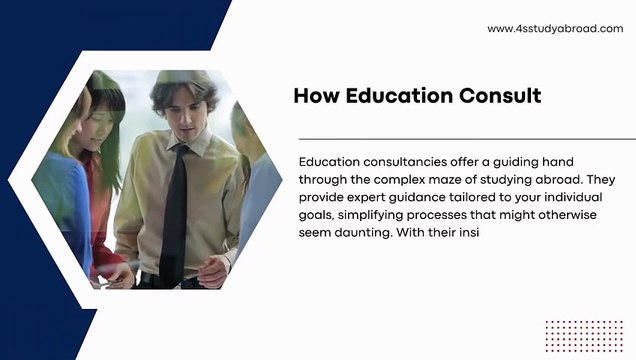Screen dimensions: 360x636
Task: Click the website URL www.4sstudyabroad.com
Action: point(555,29)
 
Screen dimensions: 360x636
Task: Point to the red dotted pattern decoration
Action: point(584,337)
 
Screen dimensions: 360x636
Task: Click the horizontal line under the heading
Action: point(460,139)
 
